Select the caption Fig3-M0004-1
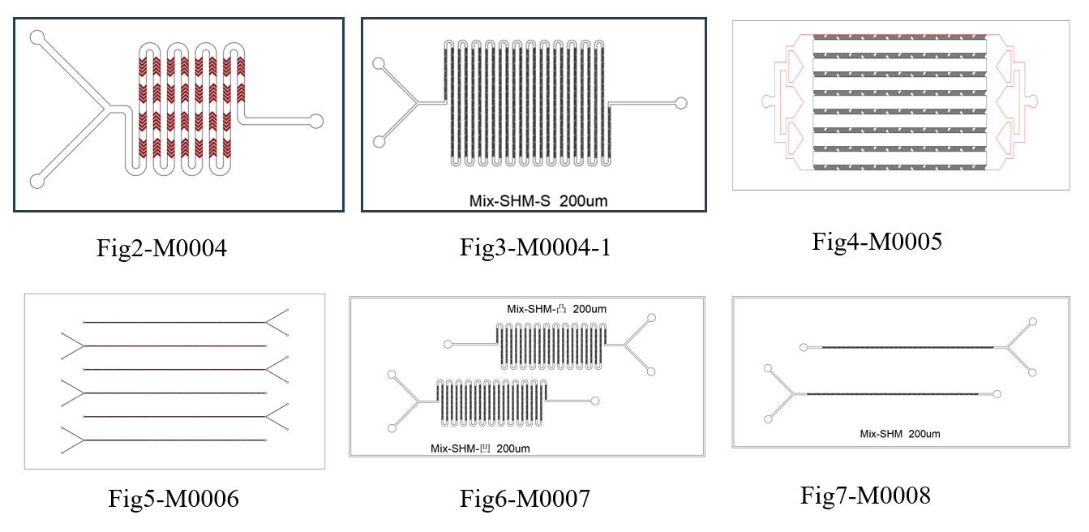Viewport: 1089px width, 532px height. [x=535, y=247]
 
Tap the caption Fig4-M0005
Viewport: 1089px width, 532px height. [x=877, y=241]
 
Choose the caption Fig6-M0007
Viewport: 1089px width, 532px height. [x=525, y=499]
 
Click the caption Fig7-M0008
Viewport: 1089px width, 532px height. [x=865, y=494]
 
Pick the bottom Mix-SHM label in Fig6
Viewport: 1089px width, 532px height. [x=482, y=448]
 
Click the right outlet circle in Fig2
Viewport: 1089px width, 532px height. [x=316, y=121]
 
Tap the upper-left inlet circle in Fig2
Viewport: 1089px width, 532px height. [x=36, y=37]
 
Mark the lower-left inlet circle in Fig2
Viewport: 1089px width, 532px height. [x=36, y=180]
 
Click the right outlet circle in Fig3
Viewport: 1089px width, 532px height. [x=681, y=103]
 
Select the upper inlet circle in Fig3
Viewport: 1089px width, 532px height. [x=376, y=63]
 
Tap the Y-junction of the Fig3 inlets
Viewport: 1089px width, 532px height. [x=414, y=103]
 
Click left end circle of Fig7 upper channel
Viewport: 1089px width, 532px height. [x=803, y=347]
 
